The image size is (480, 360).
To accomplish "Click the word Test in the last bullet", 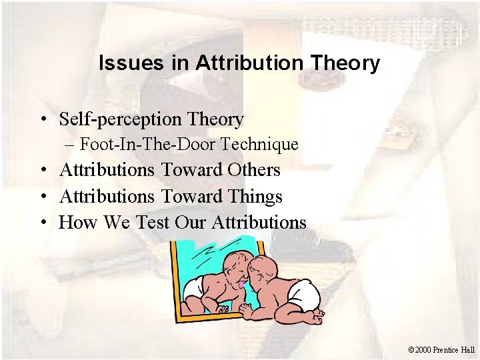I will (152, 222).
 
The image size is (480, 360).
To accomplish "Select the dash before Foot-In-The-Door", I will (69, 144).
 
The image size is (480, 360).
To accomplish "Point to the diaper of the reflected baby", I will (194, 287).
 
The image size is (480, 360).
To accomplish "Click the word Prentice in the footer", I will (449, 349).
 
